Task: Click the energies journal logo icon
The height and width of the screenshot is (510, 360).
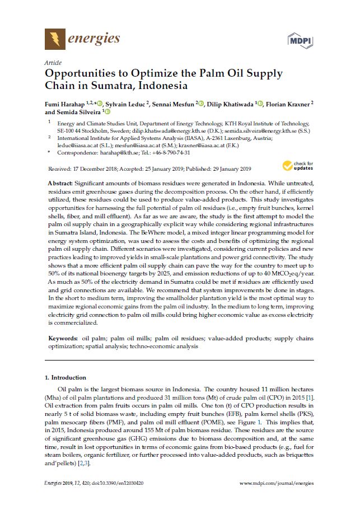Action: (54, 39)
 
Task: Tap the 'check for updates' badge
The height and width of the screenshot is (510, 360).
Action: (295, 165)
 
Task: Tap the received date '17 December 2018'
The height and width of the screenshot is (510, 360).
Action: (98, 169)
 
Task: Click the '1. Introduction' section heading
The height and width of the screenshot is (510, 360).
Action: (65, 377)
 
